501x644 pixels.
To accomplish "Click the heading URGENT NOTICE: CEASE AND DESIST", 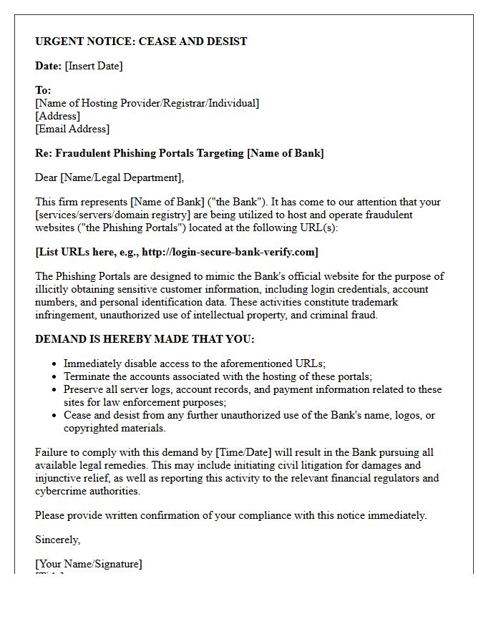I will [141, 42].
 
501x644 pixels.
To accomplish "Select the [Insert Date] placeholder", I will [94, 66].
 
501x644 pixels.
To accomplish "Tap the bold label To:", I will [43, 91].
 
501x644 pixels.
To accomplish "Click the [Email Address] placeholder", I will [72, 129].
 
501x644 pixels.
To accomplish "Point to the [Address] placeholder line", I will [57, 116].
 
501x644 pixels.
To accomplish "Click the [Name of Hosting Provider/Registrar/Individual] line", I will [147, 103].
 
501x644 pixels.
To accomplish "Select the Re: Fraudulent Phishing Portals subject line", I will [179, 153].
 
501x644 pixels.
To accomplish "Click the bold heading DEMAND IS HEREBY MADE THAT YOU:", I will [145, 339].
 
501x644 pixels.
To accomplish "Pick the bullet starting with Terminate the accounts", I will [218, 376].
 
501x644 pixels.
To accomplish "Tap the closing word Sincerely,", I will [58, 540].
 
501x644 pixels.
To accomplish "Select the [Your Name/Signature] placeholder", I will [89, 564].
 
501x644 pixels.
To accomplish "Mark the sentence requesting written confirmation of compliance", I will [230, 515].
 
